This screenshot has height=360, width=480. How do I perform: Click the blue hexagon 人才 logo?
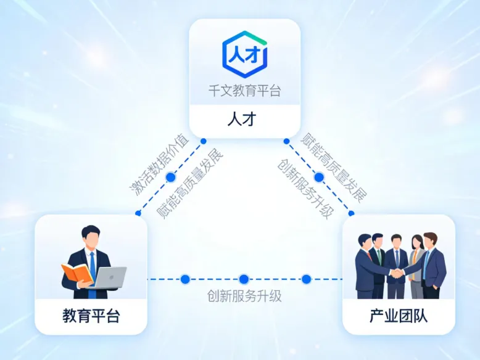(x=244, y=55)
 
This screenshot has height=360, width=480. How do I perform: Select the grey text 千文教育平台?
(x=244, y=91)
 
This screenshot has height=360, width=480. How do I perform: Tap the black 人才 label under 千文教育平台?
(x=244, y=119)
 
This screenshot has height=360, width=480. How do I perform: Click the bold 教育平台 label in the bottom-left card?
(x=91, y=317)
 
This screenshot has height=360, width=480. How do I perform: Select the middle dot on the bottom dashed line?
(x=244, y=279)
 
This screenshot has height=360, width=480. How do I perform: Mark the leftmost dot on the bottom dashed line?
(x=185, y=279)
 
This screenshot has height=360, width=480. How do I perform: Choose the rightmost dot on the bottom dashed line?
(x=306, y=279)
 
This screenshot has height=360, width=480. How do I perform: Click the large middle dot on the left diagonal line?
(x=171, y=177)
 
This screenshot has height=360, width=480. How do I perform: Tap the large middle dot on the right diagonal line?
(x=318, y=177)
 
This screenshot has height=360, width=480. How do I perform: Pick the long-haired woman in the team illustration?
(x=417, y=259)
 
